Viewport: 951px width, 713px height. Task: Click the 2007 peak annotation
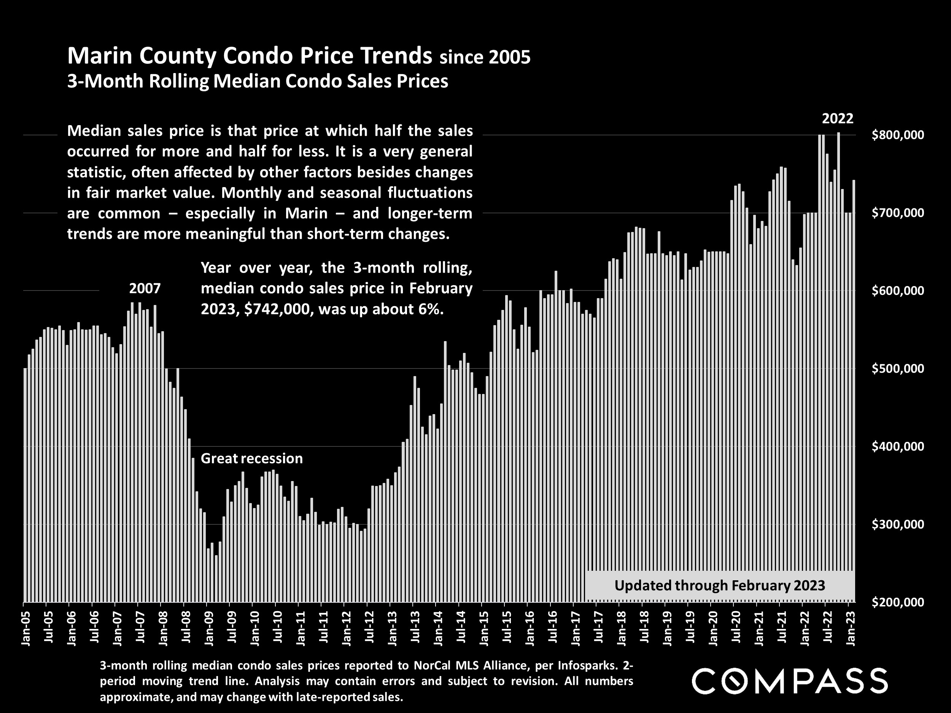[145, 288]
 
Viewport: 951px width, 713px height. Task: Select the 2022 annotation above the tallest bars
[838, 119]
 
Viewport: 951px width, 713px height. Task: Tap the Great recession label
[251, 459]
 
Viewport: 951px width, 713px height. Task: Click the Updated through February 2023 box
[720, 585]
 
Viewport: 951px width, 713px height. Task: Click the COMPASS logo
[789, 681]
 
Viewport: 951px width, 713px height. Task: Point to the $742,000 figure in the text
[277, 309]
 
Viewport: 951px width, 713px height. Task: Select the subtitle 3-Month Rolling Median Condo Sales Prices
[258, 81]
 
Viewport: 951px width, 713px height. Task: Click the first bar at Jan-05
[25, 486]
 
